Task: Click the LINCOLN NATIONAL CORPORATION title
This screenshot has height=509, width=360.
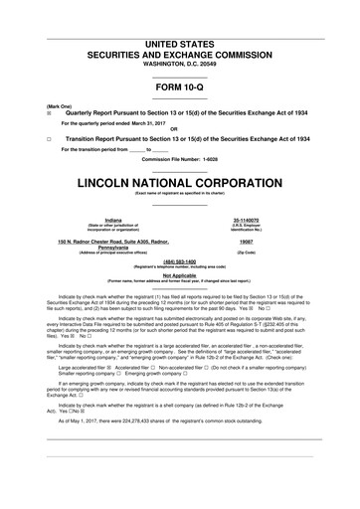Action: [180, 184]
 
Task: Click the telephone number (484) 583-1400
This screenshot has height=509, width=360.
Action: [180, 262]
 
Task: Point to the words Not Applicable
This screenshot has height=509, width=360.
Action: [180, 276]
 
